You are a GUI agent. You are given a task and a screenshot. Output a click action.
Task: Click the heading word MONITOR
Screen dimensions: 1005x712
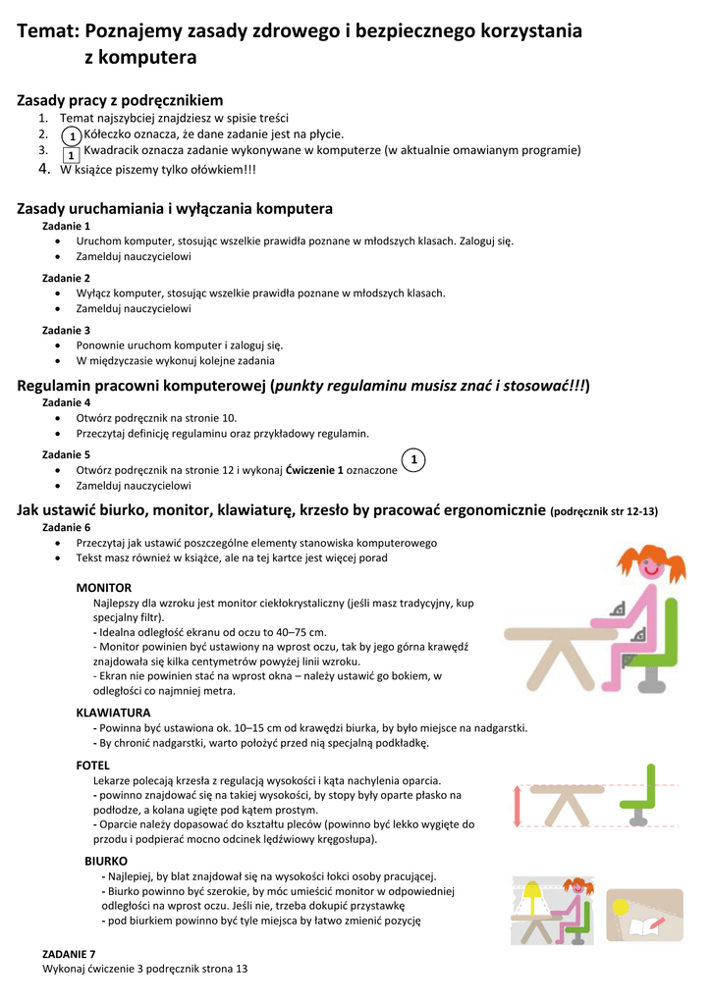[104, 587]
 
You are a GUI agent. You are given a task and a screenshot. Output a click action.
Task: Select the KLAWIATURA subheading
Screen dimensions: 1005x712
[113, 713]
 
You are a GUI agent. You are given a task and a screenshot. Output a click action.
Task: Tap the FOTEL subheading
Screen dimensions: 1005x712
[93, 765]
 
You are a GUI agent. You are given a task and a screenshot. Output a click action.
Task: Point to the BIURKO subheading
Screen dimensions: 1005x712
[106, 861]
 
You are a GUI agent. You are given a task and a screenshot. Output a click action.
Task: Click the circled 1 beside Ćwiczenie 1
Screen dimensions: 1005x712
[414, 460]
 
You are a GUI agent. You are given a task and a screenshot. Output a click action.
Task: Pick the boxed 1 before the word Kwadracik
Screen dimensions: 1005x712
[71, 155]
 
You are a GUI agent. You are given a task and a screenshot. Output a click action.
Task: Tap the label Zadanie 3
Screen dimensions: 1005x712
[67, 330]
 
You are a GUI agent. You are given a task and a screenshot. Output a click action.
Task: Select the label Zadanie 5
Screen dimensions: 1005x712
[67, 454]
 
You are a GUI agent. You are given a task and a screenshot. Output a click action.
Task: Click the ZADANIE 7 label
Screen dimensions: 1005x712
[70, 953]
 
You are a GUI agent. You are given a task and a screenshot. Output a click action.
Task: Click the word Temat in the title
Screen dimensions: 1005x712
[47, 31]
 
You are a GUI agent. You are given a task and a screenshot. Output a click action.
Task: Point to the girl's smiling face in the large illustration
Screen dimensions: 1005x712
[649, 567]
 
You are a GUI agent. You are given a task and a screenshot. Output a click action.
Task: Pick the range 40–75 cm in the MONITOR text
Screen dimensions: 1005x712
[299, 632]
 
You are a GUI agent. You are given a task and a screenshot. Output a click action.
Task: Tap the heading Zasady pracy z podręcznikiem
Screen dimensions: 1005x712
[120, 100]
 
